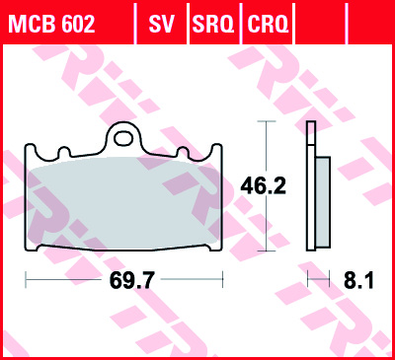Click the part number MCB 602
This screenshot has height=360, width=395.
[52, 24]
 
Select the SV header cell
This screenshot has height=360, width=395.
[161, 24]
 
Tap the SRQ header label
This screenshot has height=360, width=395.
[213, 24]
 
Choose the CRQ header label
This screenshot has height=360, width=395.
[268, 24]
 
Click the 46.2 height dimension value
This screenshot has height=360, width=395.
[263, 185]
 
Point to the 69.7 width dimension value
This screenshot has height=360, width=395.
[131, 280]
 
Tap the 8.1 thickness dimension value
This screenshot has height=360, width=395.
[358, 280]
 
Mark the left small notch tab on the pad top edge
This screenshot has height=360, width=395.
[64, 152]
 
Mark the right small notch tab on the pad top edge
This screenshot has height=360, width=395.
[183, 152]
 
